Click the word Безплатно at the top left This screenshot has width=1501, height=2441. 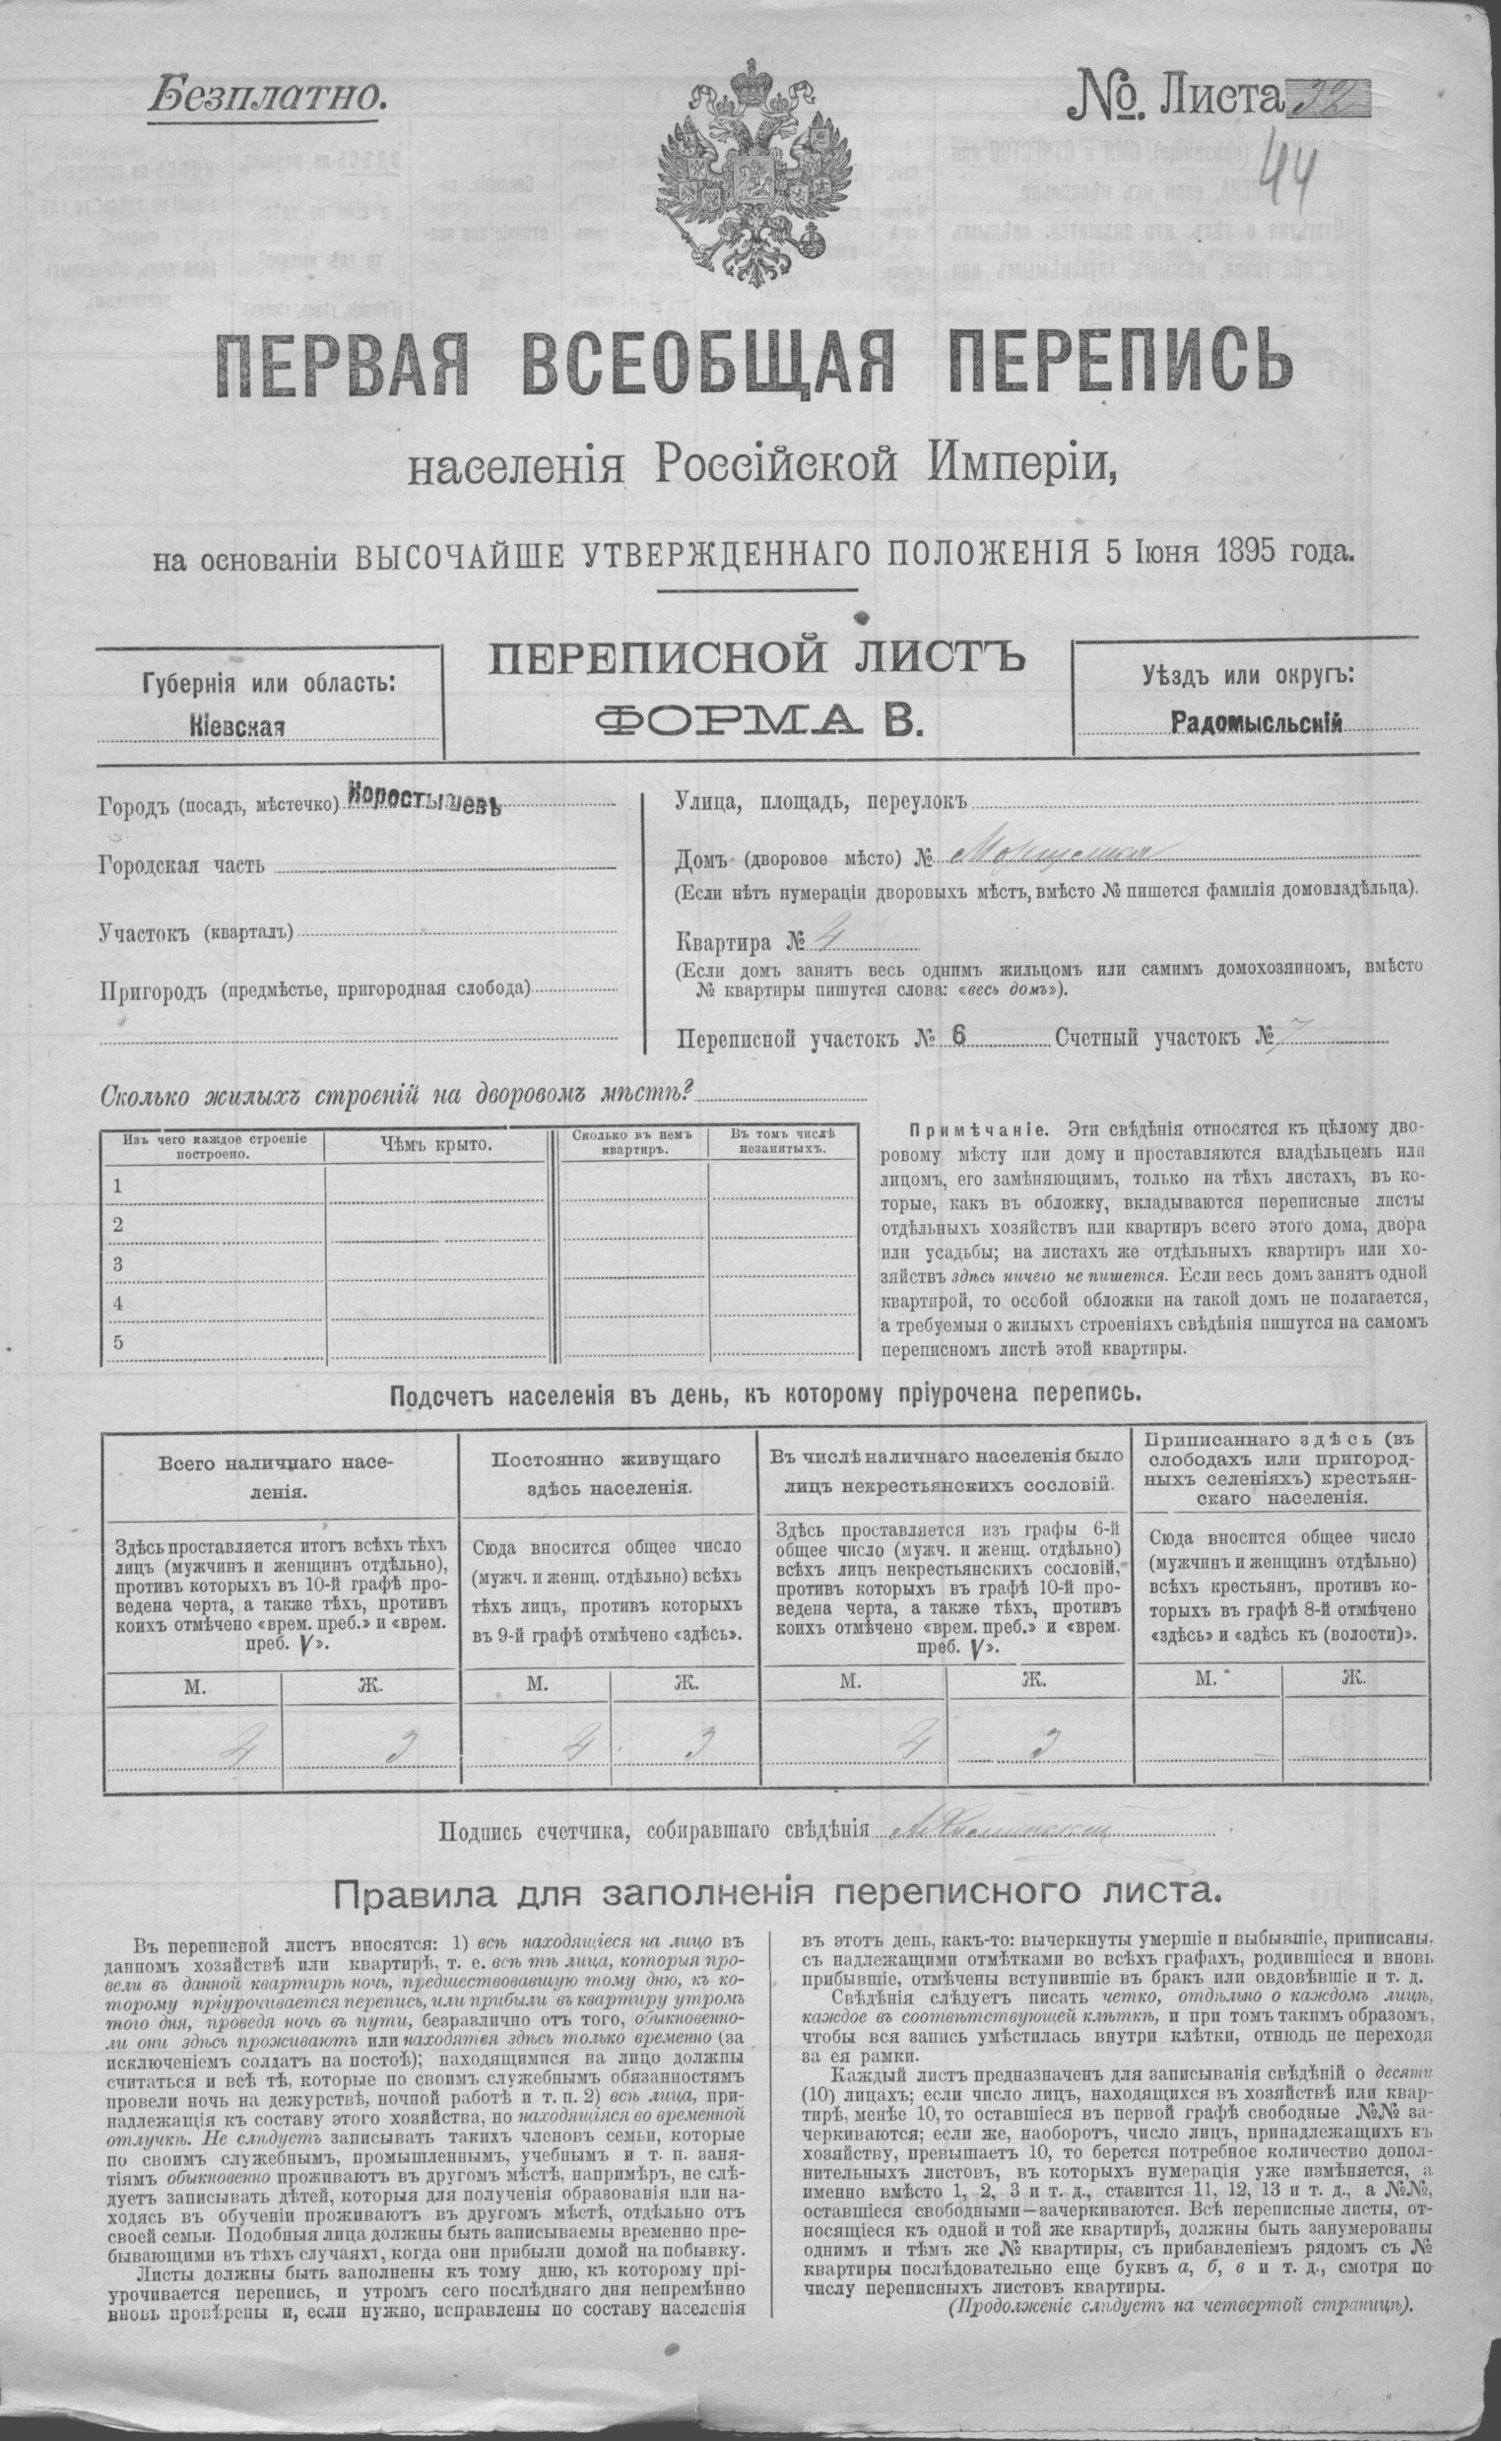(267, 98)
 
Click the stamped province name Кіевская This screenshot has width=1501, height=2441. (237, 725)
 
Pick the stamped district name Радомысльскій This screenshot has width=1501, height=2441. (1257, 723)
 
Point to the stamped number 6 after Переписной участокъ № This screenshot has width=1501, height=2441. (958, 1034)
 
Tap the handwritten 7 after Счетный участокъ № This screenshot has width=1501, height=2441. (1291, 1036)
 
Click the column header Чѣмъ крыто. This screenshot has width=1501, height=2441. (435, 1145)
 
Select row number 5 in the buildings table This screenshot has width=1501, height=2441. (119, 1342)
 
